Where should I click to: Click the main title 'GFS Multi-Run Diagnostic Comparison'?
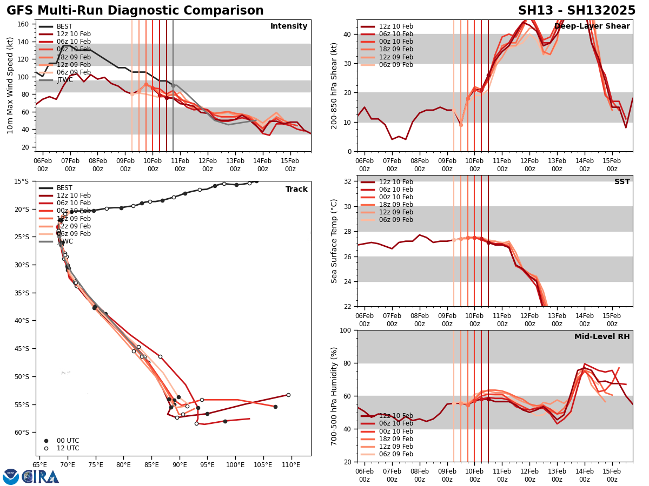pos(135,11)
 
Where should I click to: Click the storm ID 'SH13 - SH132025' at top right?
pos(577,11)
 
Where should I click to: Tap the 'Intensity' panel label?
pos(289,26)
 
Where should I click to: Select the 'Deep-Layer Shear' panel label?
pos(592,26)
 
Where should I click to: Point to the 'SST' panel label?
pos(622,182)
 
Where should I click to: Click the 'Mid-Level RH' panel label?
pos(602,337)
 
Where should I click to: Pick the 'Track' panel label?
pos(296,190)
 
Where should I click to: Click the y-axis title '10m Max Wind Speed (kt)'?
pos(10,85)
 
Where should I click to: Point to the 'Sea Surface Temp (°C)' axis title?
pos(335,241)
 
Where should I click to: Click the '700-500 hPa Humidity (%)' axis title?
pos(335,396)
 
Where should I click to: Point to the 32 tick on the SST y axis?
pos(349,181)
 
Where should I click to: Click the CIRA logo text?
pos(41,477)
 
